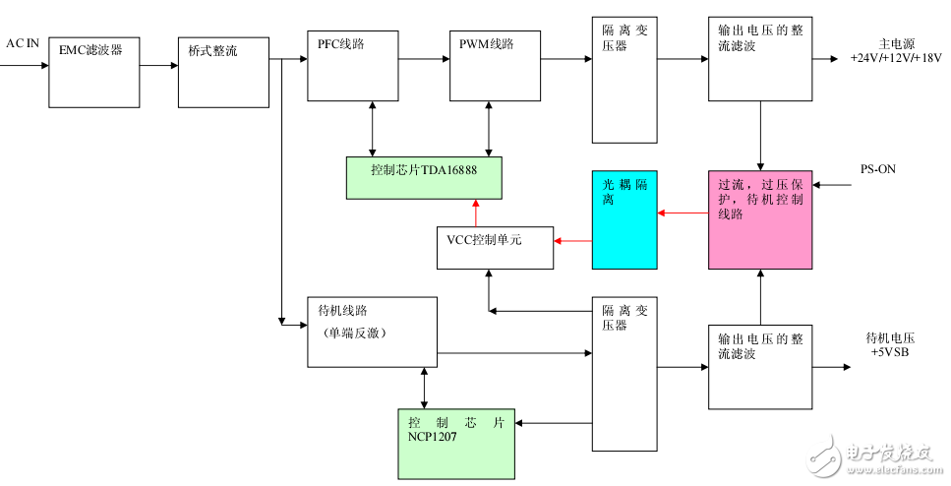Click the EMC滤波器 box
point(94,68)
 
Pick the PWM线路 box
point(495,66)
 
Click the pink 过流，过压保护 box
point(761,219)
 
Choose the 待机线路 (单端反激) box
point(371,332)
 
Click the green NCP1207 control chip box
point(456,444)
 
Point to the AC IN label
point(23,43)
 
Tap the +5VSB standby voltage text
point(888,351)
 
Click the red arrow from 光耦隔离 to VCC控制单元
point(573,239)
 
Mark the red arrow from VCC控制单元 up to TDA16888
point(476,213)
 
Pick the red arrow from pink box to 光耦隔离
point(683,212)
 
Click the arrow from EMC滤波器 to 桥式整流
point(158,66)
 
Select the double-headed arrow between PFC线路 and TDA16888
point(371,128)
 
